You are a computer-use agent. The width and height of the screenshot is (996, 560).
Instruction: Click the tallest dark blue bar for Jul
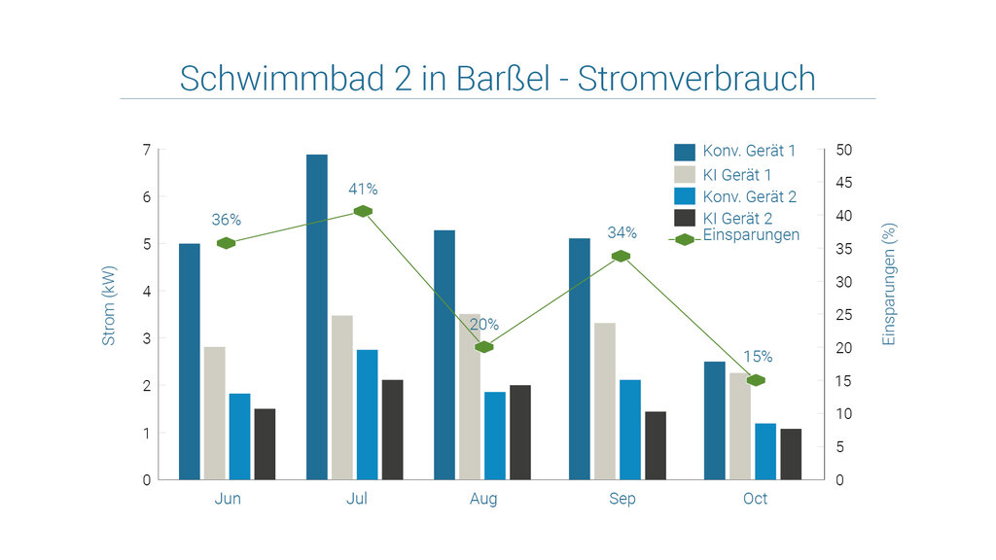pyautogui.click(x=317, y=316)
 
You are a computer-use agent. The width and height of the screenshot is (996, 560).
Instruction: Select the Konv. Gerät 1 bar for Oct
pyautogui.click(x=715, y=420)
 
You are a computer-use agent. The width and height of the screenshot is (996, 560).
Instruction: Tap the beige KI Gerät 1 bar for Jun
pyautogui.click(x=215, y=412)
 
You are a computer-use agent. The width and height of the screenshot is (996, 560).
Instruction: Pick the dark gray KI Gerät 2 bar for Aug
pyautogui.click(x=520, y=432)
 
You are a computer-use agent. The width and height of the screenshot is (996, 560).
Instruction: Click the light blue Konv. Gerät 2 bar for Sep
pyautogui.click(x=630, y=429)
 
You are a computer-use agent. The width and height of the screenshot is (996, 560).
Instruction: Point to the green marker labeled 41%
pyautogui.click(x=363, y=211)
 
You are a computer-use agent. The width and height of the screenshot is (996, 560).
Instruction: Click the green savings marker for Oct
pyautogui.click(x=756, y=380)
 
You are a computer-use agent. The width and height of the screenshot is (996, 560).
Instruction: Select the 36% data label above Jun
pyautogui.click(x=226, y=220)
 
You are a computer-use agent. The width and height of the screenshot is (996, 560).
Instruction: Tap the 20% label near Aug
pyautogui.click(x=483, y=325)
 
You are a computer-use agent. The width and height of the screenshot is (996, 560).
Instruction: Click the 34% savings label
pyautogui.click(x=622, y=232)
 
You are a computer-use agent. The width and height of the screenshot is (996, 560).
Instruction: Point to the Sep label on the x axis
pyautogui.click(x=622, y=499)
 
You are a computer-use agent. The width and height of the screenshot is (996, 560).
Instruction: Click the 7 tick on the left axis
pyautogui.click(x=147, y=150)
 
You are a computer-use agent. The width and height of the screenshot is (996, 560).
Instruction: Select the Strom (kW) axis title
pyautogui.click(x=109, y=305)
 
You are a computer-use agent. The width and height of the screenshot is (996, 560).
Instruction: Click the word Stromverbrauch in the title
pyautogui.click(x=696, y=79)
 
